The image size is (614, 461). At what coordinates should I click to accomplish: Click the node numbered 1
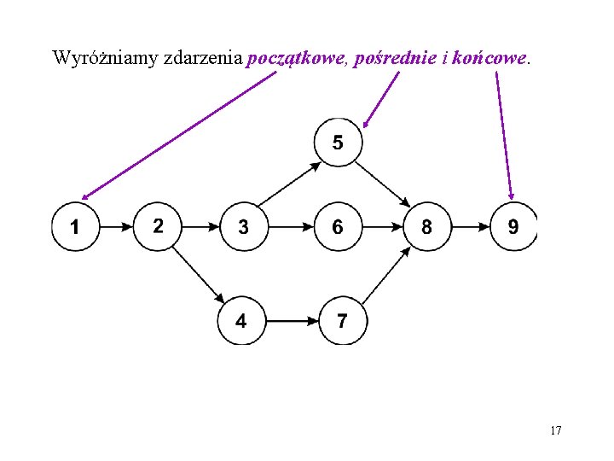coord(76,226)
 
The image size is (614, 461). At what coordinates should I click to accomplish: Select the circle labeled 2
coord(158,226)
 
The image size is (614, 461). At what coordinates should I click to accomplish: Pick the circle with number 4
coord(241,321)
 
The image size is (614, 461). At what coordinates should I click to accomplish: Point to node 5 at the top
coord(339,142)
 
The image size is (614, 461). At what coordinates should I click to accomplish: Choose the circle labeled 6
coord(339,226)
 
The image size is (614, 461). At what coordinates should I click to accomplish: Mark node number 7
coord(343,321)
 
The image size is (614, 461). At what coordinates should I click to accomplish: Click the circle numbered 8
coord(426,226)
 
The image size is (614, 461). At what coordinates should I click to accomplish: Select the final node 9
coord(513,226)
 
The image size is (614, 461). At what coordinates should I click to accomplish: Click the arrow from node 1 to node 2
coord(117,227)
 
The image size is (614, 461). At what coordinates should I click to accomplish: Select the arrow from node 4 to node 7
coord(292,322)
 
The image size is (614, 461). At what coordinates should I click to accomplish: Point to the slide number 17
coord(555,430)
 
